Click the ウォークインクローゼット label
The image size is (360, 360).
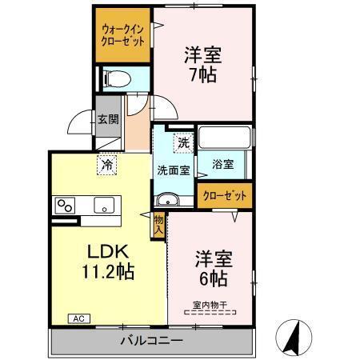(x=122, y=36)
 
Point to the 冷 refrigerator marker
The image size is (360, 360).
(x=106, y=165)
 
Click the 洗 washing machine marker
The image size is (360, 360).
(x=183, y=144)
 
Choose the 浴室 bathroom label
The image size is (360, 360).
(x=222, y=165)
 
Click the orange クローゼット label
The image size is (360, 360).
(x=223, y=195)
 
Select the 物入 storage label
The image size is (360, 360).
(x=158, y=223)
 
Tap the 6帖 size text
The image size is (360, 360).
(x=212, y=278)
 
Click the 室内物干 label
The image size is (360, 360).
(x=210, y=304)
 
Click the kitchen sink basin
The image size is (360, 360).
(x=105, y=205)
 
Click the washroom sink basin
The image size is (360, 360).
(x=165, y=199)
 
